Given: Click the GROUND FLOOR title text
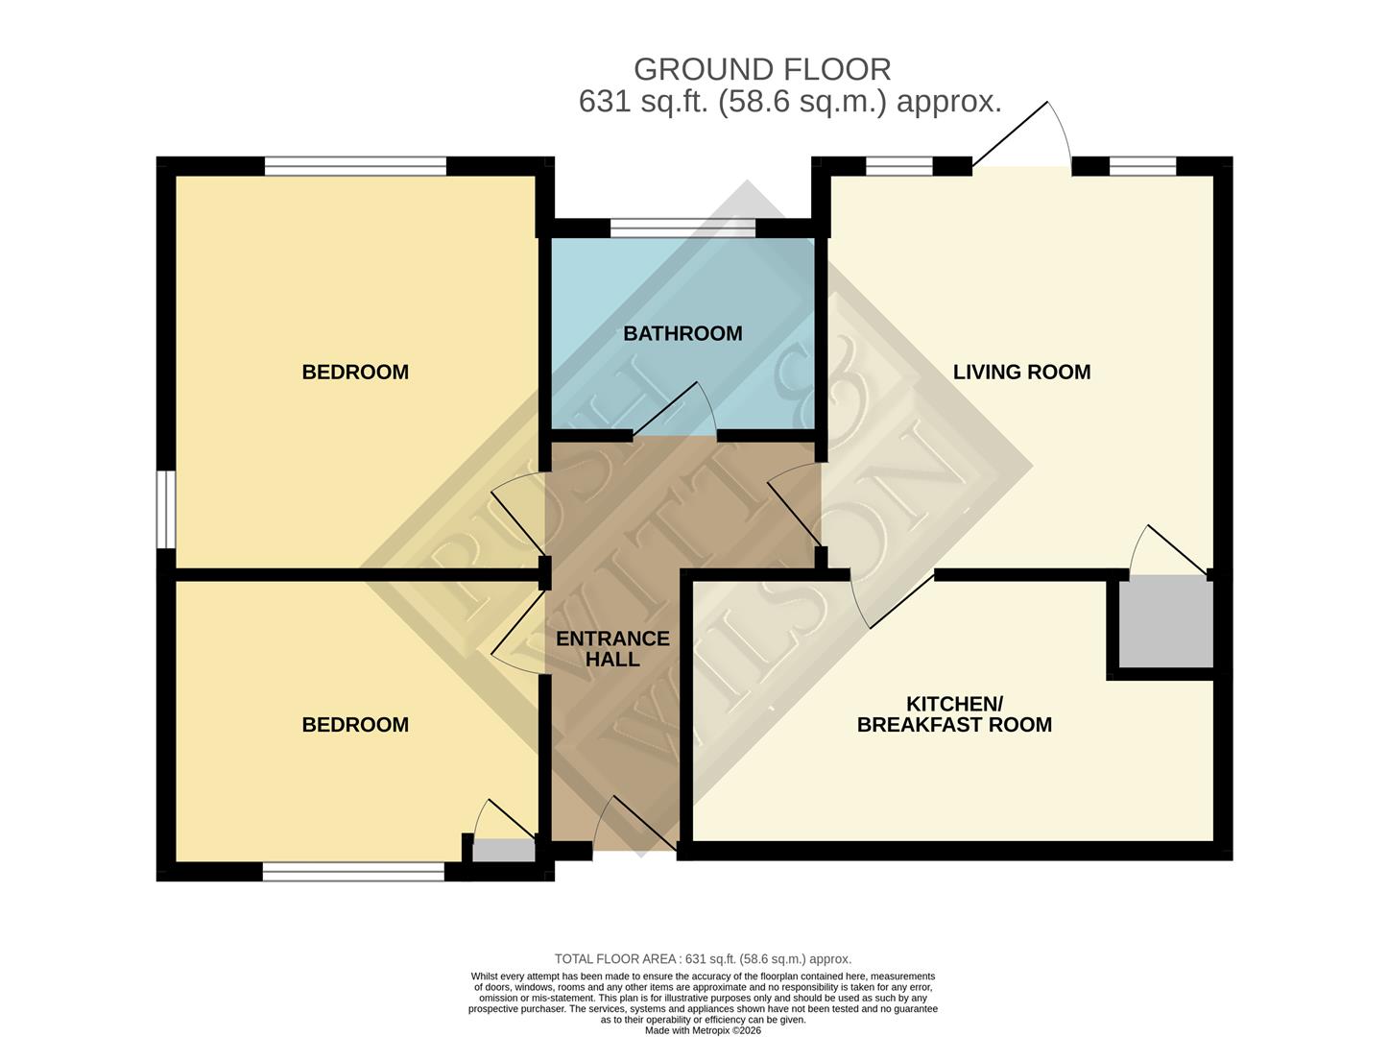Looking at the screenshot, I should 762,69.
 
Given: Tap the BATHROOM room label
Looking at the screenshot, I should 682,333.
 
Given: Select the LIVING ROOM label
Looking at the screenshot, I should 1021,372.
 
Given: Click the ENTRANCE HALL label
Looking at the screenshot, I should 612,648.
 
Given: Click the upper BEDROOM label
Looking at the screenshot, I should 355,372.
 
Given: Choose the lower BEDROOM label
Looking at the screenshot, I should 355,725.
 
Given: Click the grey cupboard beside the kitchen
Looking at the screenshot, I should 1161,621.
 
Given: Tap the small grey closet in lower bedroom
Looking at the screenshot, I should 504,851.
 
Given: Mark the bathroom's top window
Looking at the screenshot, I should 682,228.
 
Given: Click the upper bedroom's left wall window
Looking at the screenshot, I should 166,509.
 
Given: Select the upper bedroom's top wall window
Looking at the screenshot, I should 355,166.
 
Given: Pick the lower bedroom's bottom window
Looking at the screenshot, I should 353,872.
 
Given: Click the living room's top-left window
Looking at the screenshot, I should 898,166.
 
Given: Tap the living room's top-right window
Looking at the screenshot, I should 1142,166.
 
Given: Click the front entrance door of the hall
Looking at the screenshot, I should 634,826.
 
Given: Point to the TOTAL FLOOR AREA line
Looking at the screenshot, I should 703,958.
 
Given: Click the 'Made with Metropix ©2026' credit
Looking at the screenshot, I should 703,1030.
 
